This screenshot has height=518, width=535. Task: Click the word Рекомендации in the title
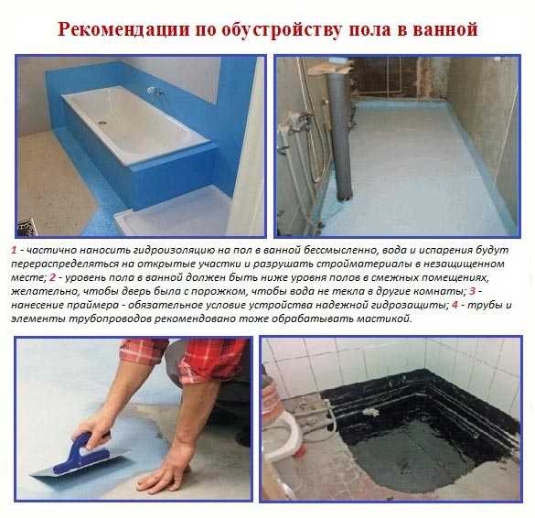pos(123,28)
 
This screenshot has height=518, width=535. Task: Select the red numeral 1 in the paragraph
pos(14,250)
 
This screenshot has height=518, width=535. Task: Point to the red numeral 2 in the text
pos(52,277)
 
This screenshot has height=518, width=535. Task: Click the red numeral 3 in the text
pos(472,291)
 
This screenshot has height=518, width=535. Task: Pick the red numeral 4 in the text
pos(455,305)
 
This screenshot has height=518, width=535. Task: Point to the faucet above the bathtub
pos(155,92)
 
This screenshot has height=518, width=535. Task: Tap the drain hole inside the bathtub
pos(102,121)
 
